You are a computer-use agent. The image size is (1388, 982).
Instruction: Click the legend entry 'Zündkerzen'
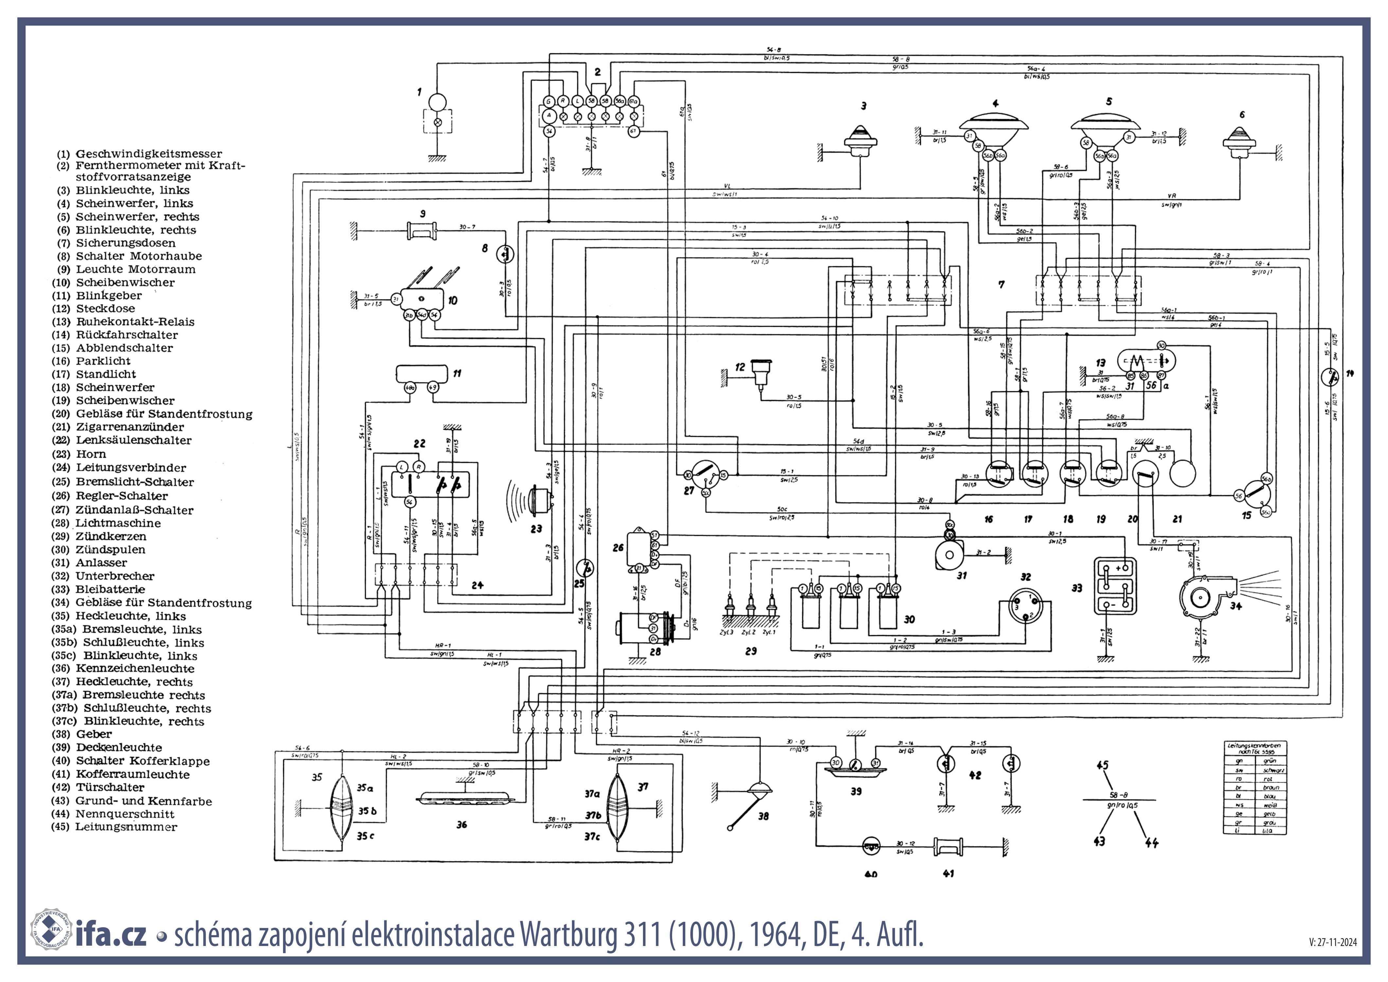pyautogui.click(x=111, y=536)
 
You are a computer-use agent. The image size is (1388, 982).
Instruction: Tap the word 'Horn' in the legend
pyautogui.click(x=91, y=454)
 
